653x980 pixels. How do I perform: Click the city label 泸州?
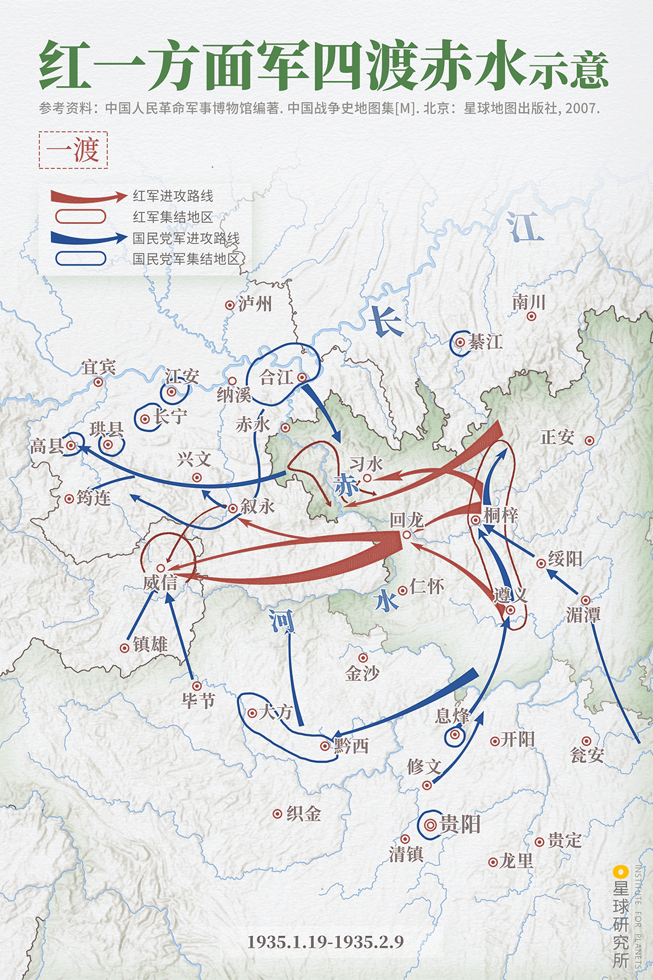pyautogui.click(x=255, y=304)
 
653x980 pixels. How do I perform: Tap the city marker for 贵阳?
pyautogui.click(x=430, y=825)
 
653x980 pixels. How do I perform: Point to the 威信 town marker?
pyautogui.click(x=161, y=568)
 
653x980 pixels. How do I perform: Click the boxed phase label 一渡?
pyautogui.click(x=73, y=150)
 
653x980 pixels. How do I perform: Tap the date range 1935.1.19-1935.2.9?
pyautogui.click(x=325, y=942)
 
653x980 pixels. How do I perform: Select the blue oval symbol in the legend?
pyautogui.click(x=80, y=259)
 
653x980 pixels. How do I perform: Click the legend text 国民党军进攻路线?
pyautogui.click(x=186, y=238)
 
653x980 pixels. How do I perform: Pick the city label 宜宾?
pyautogui.click(x=99, y=367)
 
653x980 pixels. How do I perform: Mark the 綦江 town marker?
pyautogui.click(x=461, y=342)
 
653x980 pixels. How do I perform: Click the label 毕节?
pyautogui.click(x=198, y=701)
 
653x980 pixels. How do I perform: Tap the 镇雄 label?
pyautogui.click(x=150, y=644)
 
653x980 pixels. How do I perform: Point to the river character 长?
pyautogui.click(x=385, y=321)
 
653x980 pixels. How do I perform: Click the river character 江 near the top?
pyautogui.click(x=525, y=227)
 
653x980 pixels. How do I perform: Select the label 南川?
pyautogui.click(x=529, y=302)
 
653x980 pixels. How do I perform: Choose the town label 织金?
pyautogui.click(x=304, y=814)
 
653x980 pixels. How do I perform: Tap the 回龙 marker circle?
pyautogui.click(x=406, y=535)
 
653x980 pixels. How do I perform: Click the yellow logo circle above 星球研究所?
pyautogui.click(x=620, y=872)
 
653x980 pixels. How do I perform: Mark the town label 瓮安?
pyautogui.click(x=586, y=755)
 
